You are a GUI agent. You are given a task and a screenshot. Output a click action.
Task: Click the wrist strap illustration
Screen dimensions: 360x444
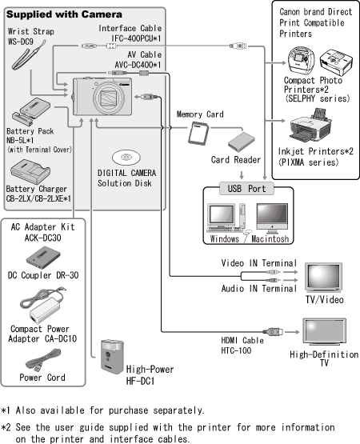coord(27,57)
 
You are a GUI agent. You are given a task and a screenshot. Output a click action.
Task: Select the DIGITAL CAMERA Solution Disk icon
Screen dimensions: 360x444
coord(126,158)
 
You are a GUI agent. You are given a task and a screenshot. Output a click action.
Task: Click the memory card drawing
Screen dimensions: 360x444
coord(198,134)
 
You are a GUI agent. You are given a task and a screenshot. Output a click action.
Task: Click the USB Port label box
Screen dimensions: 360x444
coord(246,189)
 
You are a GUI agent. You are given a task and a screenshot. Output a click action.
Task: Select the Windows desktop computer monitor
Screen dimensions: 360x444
coord(221,214)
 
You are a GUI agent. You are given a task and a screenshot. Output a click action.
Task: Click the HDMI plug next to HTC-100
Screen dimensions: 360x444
coord(273,331)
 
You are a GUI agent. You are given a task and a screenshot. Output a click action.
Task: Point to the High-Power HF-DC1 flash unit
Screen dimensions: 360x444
coord(112,357)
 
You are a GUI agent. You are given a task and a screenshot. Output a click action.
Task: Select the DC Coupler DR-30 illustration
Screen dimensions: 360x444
coord(43,257)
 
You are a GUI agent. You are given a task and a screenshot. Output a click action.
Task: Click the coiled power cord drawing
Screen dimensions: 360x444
coord(43,360)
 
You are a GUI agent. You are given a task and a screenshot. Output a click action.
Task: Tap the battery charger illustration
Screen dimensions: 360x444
coord(30,171)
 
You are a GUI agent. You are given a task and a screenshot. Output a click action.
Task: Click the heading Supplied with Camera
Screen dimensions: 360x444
coord(64,14)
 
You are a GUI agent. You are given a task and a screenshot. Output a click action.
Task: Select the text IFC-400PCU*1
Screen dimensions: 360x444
coord(136,38)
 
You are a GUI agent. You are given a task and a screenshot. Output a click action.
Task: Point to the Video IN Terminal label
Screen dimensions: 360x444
coord(259,263)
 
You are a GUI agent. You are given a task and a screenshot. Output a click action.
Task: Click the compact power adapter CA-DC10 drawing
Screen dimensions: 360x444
coord(42,306)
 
